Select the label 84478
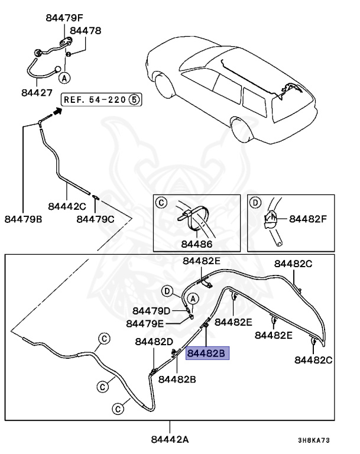coord(86,30)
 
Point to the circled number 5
coord(134,99)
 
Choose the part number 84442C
coord(67,206)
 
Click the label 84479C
coord(95,219)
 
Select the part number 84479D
coord(151,311)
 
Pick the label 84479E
coord(145,323)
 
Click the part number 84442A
coord(170,439)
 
